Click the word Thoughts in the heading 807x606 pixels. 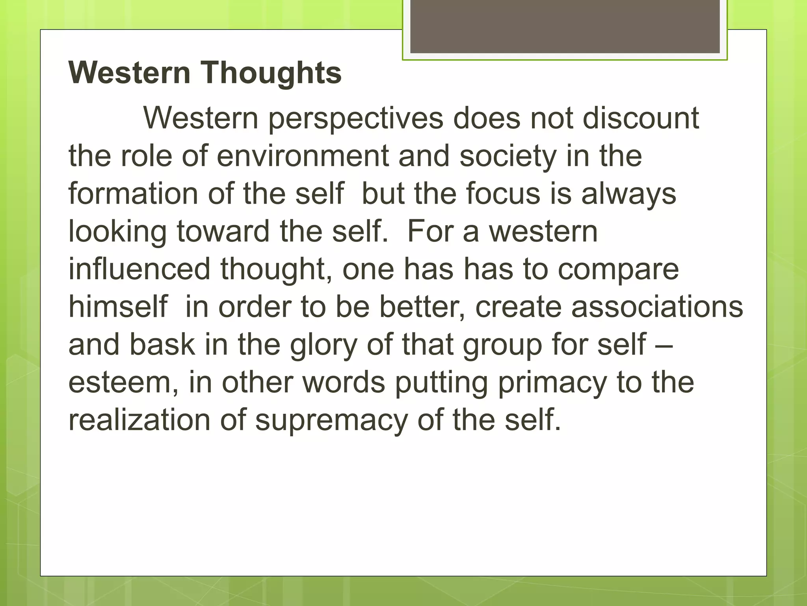[x=272, y=73]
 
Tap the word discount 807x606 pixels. [x=641, y=118]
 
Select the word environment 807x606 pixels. [x=303, y=156]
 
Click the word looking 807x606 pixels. [x=117, y=232]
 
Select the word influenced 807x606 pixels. [x=139, y=269]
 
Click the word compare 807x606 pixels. [x=618, y=269]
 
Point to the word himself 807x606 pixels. [x=118, y=307]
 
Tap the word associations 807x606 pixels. [x=657, y=307]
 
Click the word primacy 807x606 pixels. [x=552, y=382]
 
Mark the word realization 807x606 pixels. [x=139, y=420]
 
